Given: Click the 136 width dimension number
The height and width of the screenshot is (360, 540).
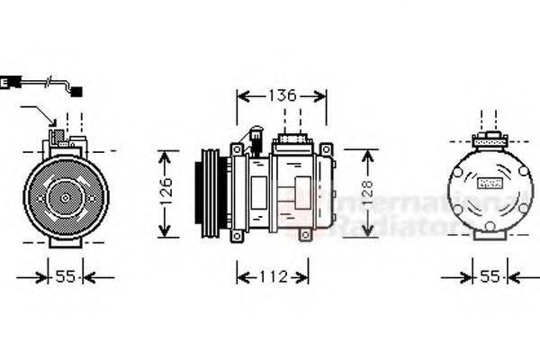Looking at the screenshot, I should click(283, 95).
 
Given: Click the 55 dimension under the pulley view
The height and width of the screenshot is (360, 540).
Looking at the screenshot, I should click(64, 276).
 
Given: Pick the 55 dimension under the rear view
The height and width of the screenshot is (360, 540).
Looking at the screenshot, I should click(490, 276).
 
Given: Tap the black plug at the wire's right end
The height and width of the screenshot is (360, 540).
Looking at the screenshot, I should click(76, 91).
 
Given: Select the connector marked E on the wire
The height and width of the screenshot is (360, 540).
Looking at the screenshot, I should click(5, 83).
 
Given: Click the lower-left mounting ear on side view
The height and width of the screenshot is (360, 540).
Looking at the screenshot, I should click(237, 236).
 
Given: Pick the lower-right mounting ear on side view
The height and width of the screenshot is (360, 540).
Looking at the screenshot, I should click(304, 236).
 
